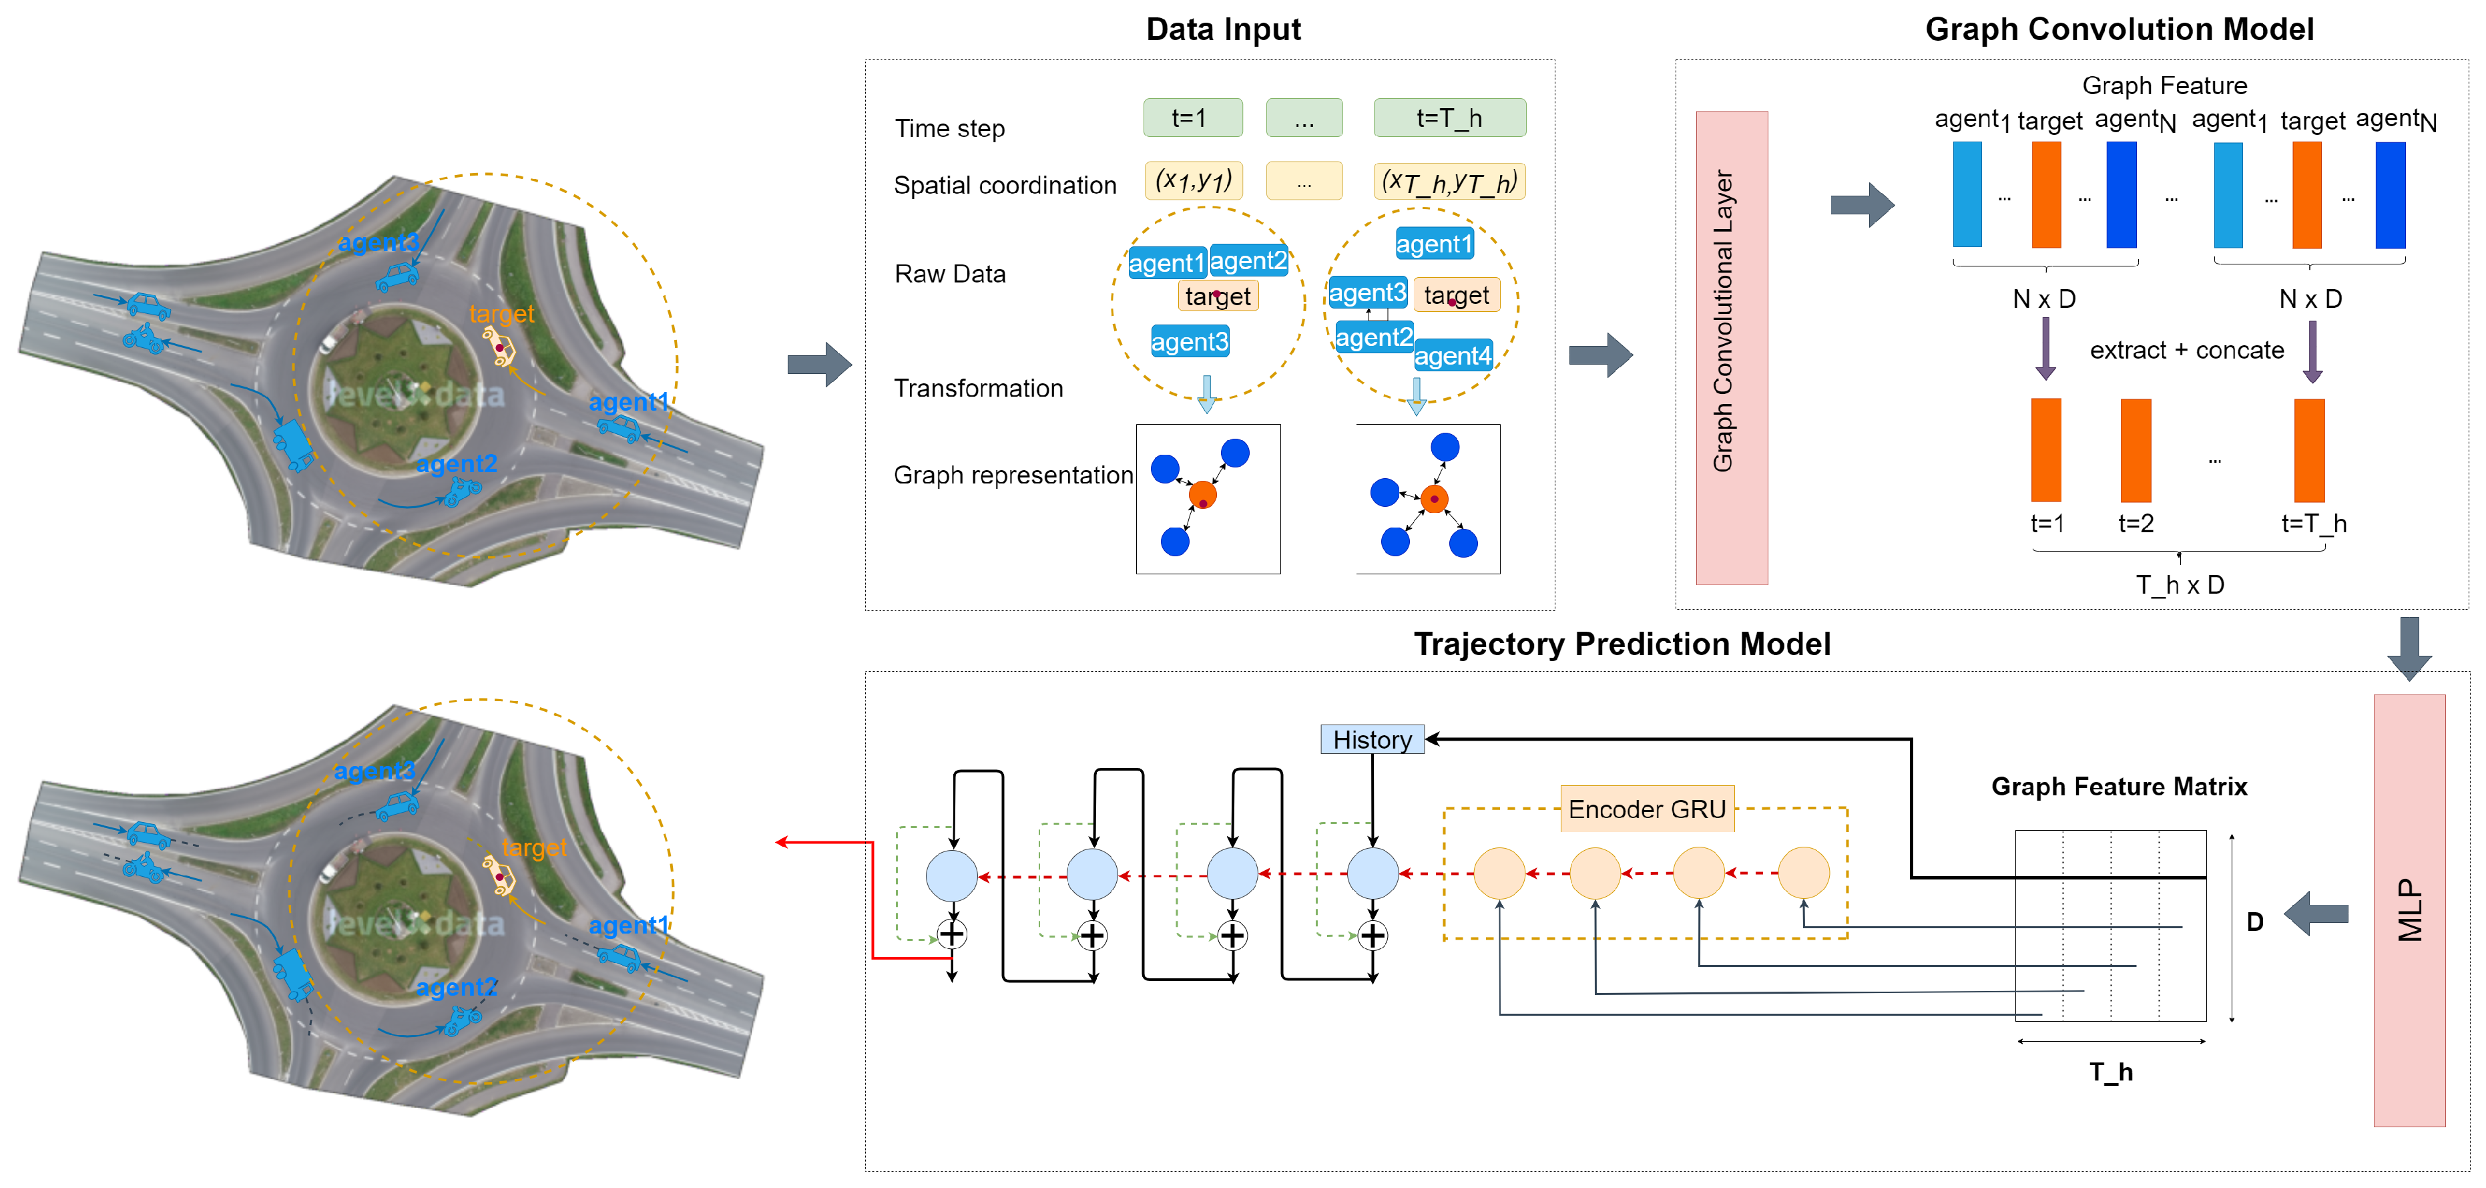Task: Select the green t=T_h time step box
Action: [x=1449, y=118]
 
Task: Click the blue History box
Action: [x=1371, y=739]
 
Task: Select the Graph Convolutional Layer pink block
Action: [x=1732, y=347]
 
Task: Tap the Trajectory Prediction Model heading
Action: [x=1622, y=644]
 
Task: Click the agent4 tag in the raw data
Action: [x=1453, y=356]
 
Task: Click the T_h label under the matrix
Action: [x=2111, y=1072]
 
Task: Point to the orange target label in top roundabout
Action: [x=501, y=314]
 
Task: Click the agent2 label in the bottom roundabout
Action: [x=457, y=987]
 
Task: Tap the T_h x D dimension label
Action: [x=2179, y=585]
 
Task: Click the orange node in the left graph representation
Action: [x=1202, y=495]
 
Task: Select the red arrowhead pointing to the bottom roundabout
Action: [x=782, y=843]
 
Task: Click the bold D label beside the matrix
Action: [x=2254, y=922]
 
